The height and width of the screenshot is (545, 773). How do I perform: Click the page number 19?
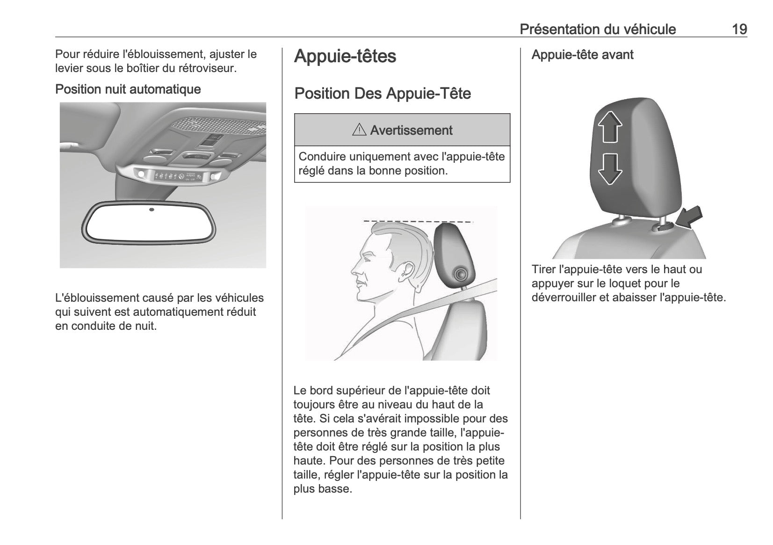click(x=739, y=29)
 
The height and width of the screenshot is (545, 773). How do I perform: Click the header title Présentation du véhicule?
click(x=598, y=29)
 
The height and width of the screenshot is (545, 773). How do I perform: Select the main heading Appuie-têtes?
click(x=345, y=56)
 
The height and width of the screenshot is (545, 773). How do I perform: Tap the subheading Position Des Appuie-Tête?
click(x=383, y=94)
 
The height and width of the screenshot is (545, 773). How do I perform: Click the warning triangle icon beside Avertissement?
click(x=359, y=131)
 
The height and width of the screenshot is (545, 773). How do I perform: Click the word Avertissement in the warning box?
click(x=411, y=131)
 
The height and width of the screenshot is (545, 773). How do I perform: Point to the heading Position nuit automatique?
click(x=128, y=89)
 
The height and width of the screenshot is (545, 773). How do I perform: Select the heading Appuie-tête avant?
click(x=582, y=55)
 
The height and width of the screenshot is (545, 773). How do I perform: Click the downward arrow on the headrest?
click(x=610, y=169)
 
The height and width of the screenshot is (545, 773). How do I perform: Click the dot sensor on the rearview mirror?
click(x=152, y=210)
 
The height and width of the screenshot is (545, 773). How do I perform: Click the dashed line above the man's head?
click(x=419, y=221)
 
